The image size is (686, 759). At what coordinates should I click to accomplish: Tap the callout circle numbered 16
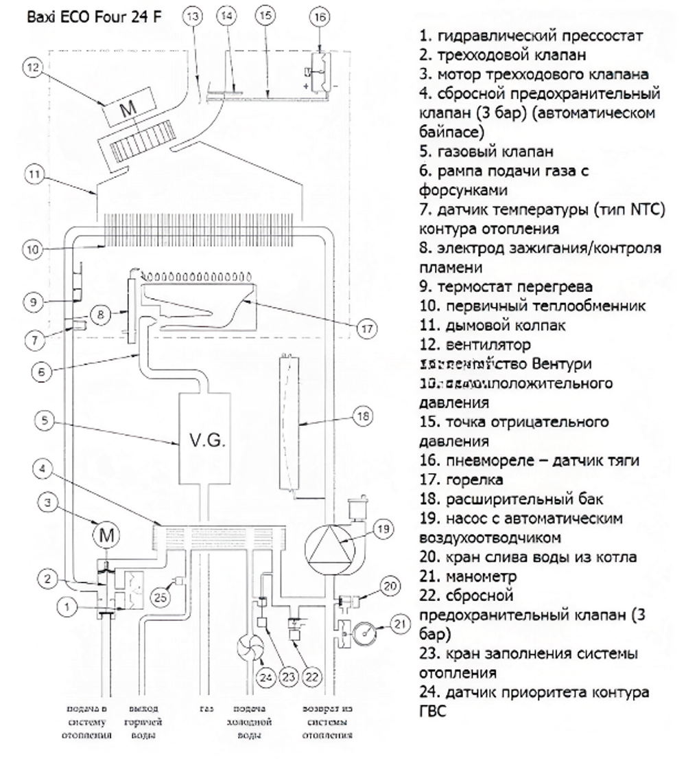point(320,19)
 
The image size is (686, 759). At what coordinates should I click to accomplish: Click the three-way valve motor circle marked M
point(106,534)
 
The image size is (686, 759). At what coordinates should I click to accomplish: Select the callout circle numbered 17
point(366,328)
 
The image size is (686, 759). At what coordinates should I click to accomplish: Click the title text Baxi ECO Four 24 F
point(94,16)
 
